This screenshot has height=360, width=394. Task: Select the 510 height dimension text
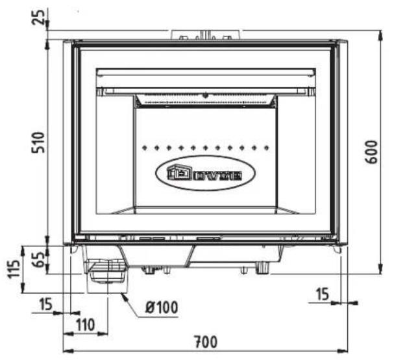pyautogui.click(x=38, y=142)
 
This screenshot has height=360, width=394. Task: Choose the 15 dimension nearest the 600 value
pyautogui.click(x=322, y=294)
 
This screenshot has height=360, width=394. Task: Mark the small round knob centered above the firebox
pyautogui.click(x=205, y=95)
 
